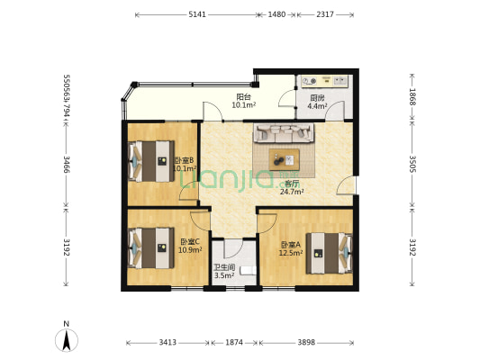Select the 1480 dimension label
click(276, 14)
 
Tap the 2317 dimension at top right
click(326, 14)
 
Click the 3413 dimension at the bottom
click(168, 343)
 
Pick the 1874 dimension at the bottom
click(234, 343)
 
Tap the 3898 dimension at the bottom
click(306, 343)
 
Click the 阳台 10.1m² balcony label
click(243, 101)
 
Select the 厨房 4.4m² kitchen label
click(317, 102)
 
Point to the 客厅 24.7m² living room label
click(291, 186)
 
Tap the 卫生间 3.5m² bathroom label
click(224, 271)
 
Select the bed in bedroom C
click(149, 246)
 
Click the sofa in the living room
click(285, 134)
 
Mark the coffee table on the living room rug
click(285, 157)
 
